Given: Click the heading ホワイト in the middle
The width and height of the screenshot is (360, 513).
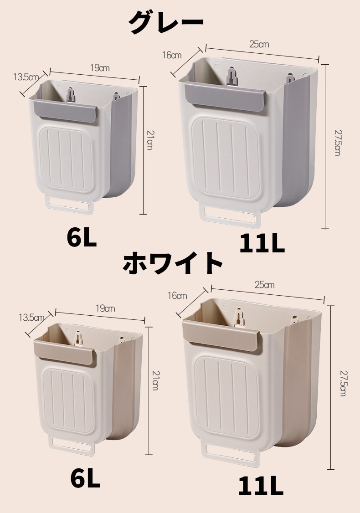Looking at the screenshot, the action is [173, 263].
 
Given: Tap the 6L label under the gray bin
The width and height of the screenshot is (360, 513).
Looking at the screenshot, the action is [82, 237].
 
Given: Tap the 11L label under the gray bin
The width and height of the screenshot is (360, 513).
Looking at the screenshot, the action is [262, 244].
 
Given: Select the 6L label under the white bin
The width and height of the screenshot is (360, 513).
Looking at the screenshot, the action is [85, 479].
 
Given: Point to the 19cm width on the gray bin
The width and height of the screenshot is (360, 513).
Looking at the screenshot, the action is [100, 68].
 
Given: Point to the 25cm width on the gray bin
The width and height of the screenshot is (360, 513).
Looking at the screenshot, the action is [259, 44].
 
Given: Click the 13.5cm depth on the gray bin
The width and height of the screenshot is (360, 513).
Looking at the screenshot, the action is [26, 77].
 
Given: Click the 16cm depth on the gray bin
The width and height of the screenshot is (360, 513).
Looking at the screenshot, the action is [172, 55].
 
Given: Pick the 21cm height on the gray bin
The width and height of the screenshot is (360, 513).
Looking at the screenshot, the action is [149, 140].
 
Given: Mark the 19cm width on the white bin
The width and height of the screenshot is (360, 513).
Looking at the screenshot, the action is [105, 308].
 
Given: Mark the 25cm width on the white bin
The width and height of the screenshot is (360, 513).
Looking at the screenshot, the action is [265, 285].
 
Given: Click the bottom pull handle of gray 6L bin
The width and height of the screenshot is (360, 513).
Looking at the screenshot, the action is [70, 205].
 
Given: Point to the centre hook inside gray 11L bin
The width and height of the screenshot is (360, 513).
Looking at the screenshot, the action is [232, 77].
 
